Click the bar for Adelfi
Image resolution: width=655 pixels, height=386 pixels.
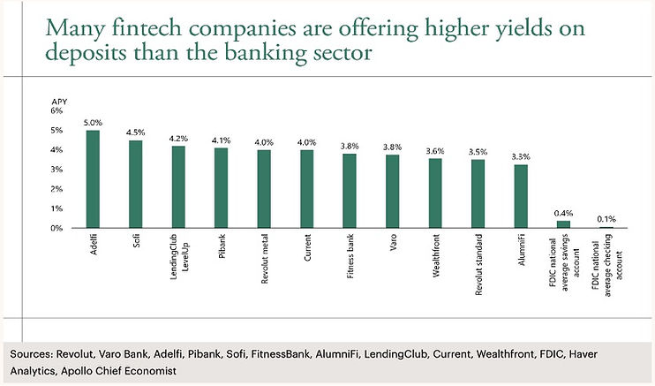93,179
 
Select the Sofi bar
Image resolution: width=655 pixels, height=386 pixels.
135,184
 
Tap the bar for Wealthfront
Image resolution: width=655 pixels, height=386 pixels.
435,193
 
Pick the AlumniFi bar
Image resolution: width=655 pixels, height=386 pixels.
521,196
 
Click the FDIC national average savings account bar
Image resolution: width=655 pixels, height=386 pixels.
563,224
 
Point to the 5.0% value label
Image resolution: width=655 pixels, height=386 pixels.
93,123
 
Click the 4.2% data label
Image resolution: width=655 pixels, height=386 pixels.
178,138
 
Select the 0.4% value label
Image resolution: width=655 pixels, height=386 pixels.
563,213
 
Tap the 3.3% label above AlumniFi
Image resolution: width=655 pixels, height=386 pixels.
521,157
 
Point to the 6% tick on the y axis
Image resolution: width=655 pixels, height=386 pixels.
56,110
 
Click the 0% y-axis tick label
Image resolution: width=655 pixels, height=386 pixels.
56,229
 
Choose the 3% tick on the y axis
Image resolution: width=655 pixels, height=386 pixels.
56,170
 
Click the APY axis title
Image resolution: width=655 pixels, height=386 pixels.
59,102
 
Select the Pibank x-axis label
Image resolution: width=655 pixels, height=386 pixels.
222,246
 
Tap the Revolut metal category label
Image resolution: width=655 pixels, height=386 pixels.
264,259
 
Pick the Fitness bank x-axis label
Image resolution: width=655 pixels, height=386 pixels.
350,256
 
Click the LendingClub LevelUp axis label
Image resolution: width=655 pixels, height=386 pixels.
179,257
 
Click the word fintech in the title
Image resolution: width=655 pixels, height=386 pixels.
147,28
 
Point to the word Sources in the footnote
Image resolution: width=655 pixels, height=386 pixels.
31,354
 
